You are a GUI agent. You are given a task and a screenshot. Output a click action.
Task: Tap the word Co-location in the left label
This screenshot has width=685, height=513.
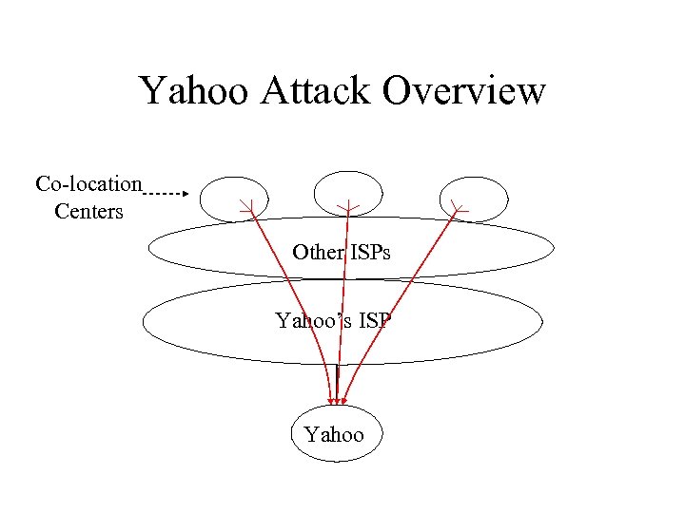click(x=88, y=182)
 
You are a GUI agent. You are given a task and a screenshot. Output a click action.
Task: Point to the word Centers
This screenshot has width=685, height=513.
click(x=88, y=211)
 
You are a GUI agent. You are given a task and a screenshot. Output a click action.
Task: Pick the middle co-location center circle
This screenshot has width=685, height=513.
click(x=348, y=193)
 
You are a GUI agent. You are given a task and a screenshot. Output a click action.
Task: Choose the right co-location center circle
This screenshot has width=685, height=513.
click(x=472, y=197)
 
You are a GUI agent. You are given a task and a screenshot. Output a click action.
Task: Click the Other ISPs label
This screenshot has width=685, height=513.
click(x=341, y=253)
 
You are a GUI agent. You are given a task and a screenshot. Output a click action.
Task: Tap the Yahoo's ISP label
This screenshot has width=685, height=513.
click(x=333, y=321)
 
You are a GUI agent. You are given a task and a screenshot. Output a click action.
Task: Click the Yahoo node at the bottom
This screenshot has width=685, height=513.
click(x=334, y=434)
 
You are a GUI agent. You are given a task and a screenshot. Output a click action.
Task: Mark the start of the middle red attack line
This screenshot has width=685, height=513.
click(x=348, y=207)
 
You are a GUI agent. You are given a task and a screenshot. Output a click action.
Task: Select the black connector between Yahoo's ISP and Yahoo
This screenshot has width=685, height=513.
click(x=338, y=378)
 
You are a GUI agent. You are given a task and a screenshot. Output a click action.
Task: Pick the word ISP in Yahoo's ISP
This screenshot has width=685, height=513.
click(x=372, y=321)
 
